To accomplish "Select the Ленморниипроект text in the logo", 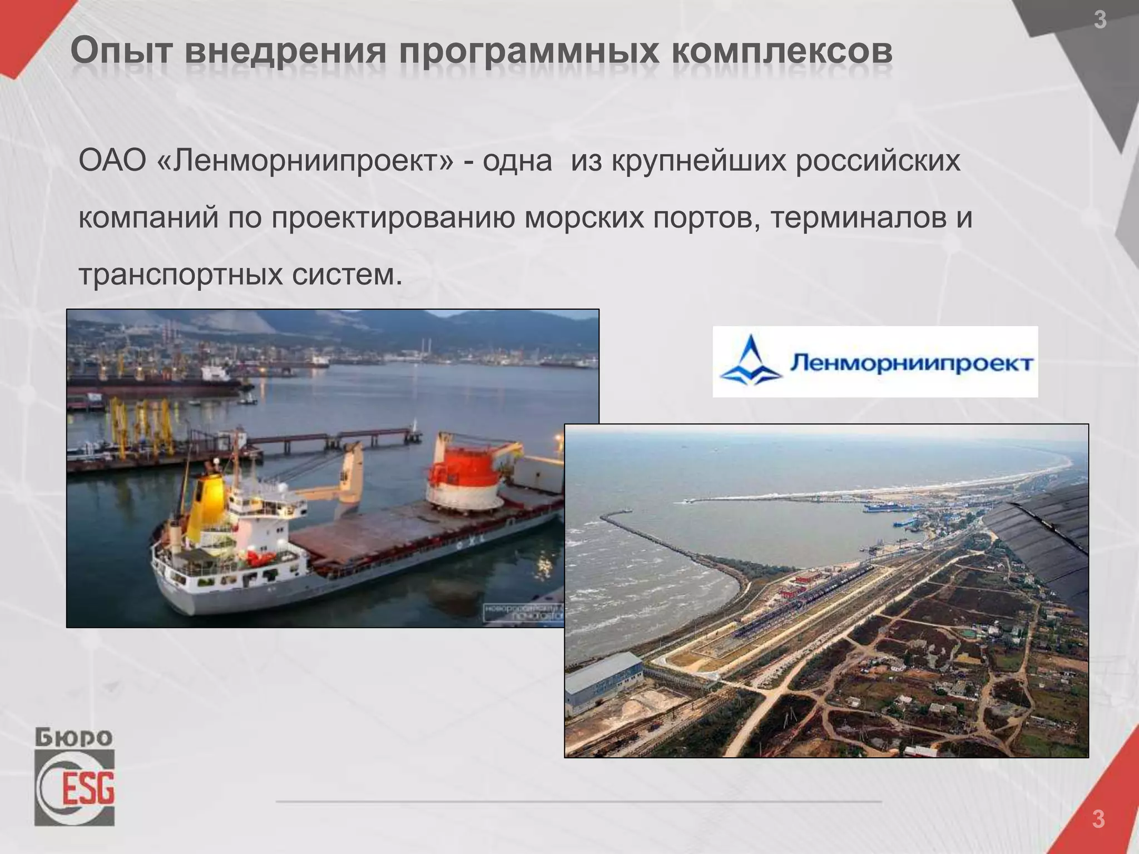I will [910, 364].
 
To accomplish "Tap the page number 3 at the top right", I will [1100, 21].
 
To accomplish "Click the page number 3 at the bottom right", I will [1098, 819].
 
